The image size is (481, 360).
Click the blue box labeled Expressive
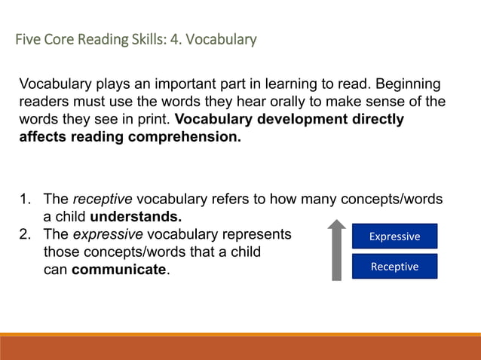(x=394, y=236)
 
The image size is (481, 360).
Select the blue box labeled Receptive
(x=394, y=267)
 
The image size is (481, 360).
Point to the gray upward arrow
(x=337, y=249)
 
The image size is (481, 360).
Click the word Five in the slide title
(x=28, y=38)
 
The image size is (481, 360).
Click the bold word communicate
(x=118, y=270)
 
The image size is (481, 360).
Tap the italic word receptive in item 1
(x=103, y=200)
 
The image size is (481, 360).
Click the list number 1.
(x=25, y=200)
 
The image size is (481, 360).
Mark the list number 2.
(x=25, y=234)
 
